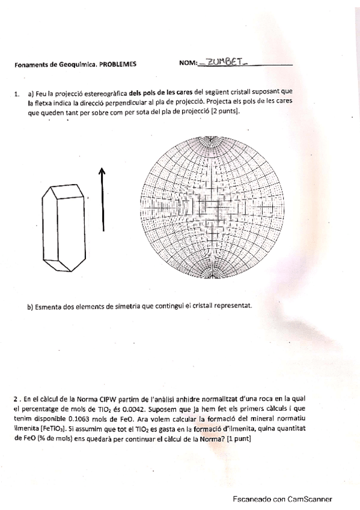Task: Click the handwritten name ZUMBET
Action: (x=224, y=61)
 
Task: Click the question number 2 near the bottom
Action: (x=16, y=398)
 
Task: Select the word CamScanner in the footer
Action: (x=310, y=499)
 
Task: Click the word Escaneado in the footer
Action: (x=252, y=499)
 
